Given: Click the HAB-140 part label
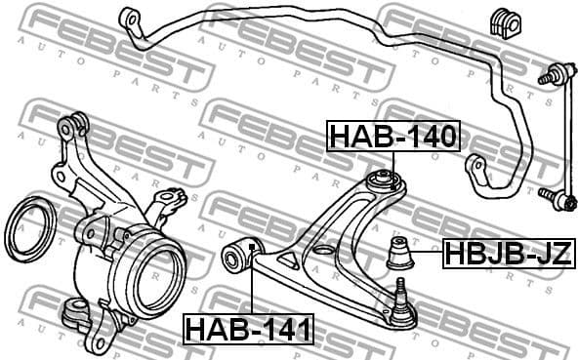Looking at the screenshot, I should click(392, 137).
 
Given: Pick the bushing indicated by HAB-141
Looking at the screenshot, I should click(238, 256).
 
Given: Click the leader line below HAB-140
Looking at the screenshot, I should click(392, 160).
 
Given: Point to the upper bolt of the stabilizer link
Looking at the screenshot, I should click(550, 73).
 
